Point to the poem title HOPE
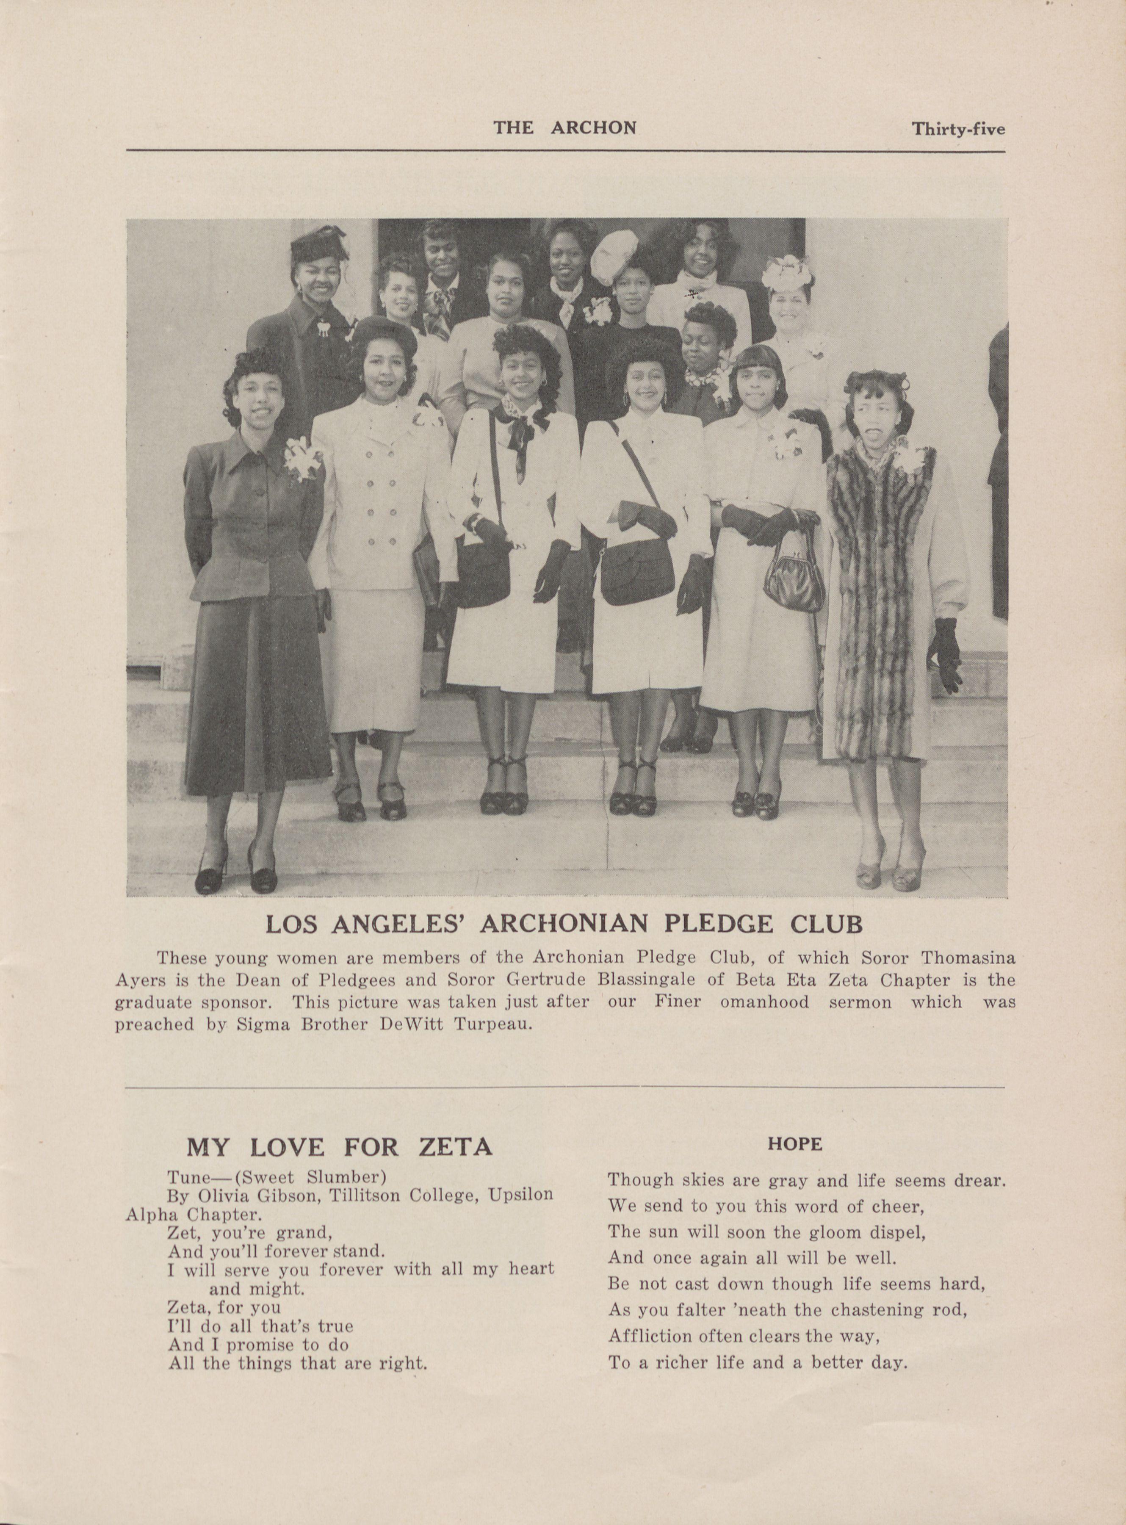[795, 1144]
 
